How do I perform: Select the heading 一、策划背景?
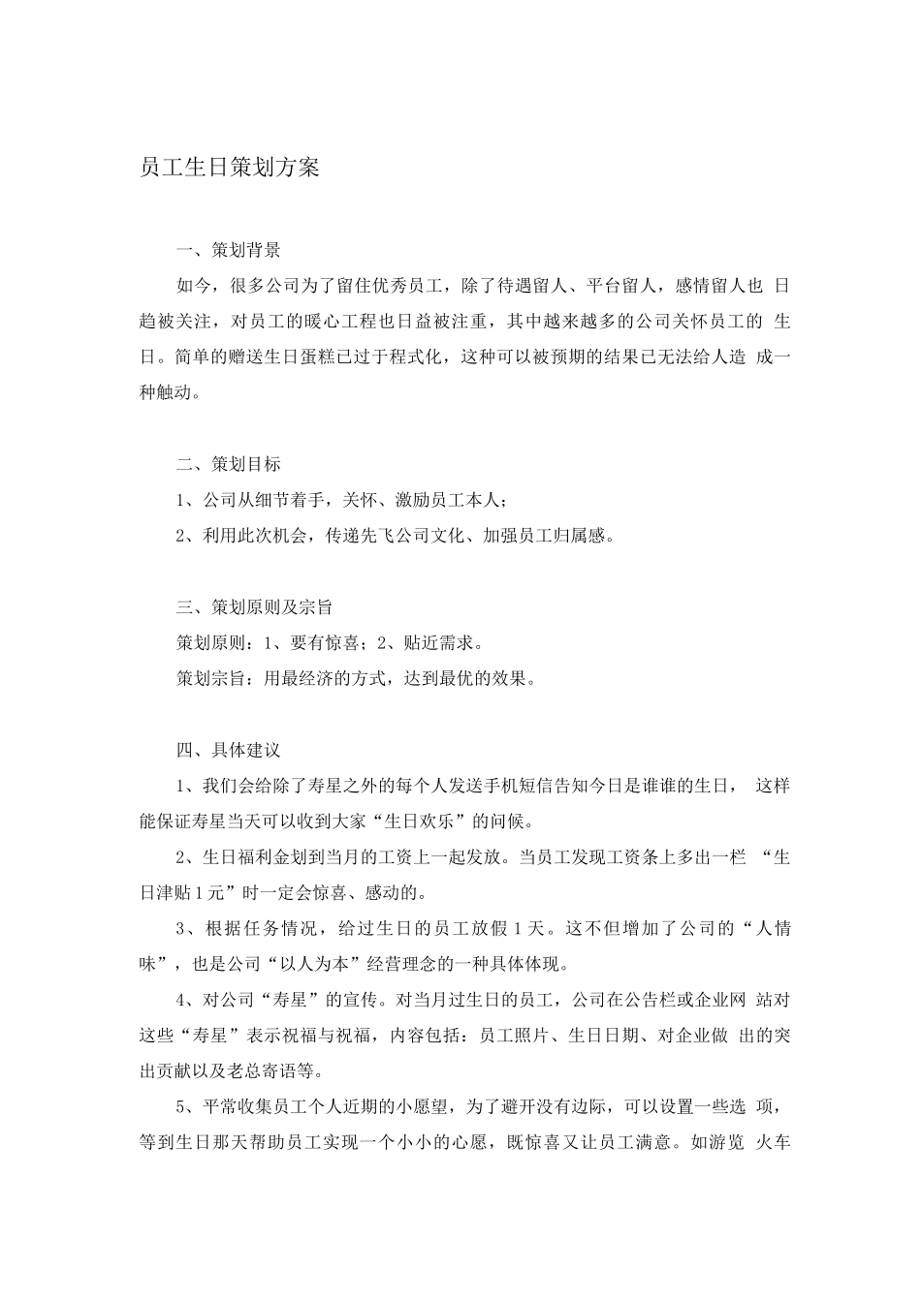(x=229, y=250)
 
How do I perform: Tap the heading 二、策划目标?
(x=229, y=464)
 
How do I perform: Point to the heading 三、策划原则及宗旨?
(x=255, y=607)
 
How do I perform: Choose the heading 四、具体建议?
(x=229, y=750)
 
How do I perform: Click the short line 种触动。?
(x=171, y=392)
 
